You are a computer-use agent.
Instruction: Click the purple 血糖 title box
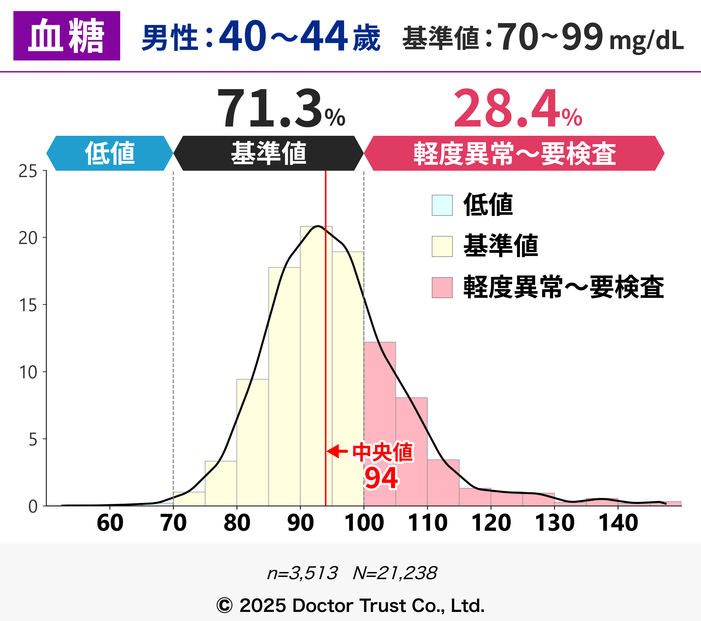coord(66,36)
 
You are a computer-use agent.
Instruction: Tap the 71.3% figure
coord(281,108)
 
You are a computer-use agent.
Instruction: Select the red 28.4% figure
coord(517,108)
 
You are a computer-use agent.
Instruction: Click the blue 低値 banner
coord(110,153)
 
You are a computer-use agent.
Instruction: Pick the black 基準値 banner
coord(268,153)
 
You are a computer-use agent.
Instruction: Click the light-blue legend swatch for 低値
coord(442,205)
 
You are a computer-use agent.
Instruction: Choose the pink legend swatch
coord(442,287)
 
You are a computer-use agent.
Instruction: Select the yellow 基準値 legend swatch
coord(442,246)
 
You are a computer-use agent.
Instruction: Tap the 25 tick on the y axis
coord(28,171)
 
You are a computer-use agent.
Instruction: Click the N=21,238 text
coord(395,573)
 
